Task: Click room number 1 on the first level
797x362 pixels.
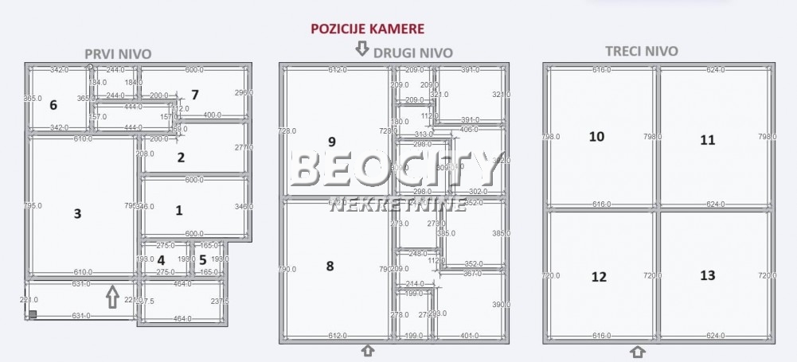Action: click(x=178, y=211)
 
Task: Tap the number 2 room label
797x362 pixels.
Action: click(x=181, y=158)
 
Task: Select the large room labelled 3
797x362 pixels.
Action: click(x=77, y=213)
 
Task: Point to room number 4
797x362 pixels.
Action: click(x=161, y=259)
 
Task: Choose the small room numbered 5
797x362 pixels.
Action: click(x=202, y=259)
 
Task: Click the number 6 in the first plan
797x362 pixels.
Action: click(x=53, y=105)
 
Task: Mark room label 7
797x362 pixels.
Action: click(x=194, y=95)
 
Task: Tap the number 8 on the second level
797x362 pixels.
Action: click(x=330, y=266)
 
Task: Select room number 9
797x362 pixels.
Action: click(x=331, y=142)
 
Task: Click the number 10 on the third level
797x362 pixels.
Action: click(x=596, y=137)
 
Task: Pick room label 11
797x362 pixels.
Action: click(x=707, y=140)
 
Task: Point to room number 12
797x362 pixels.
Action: click(x=599, y=277)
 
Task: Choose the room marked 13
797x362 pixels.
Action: click(x=707, y=275)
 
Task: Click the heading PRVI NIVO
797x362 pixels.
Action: click(x=118, y=53)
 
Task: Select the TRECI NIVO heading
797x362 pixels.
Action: click(x=642, y=51)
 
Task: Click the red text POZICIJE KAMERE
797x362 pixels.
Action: click(x=367, y=29)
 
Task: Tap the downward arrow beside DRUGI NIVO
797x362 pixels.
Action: click(x=361, y=49)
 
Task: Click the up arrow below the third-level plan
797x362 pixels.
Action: click(x=638, y=352)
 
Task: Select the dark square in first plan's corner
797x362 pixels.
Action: click(x=33, y=314)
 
